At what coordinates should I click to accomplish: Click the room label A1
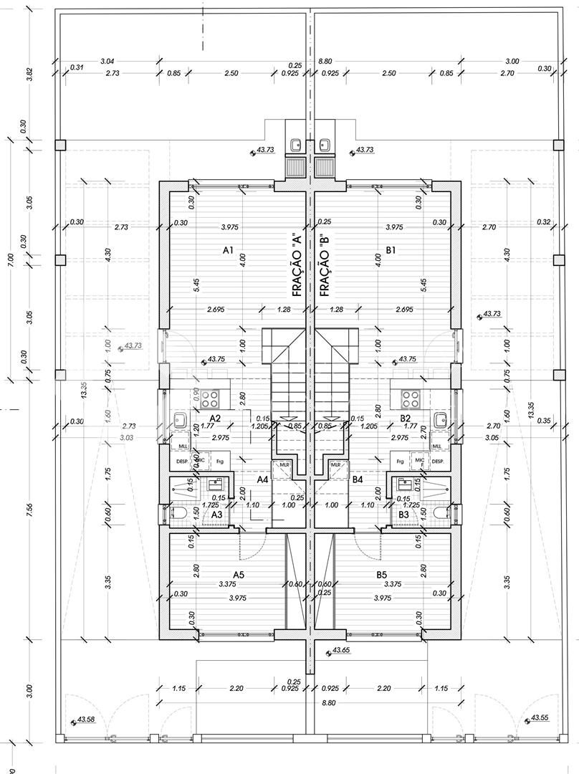click(x=229, y=250)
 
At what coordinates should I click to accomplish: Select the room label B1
click(x=391, y=250)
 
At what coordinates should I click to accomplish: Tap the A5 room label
click(x=239, y=574)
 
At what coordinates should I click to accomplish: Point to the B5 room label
click(x=381, y=574)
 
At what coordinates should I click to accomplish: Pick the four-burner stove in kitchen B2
click(x=410, y=397)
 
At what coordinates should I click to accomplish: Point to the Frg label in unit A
click(x=219, y=462)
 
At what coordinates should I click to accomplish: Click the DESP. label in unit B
click(x=438, y=462)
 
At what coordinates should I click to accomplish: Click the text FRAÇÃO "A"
click(x=297, y=264)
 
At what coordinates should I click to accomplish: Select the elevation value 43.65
click(x=342, y=651)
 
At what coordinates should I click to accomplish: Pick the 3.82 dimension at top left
click(x=29, y=75)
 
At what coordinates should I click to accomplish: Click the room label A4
click(x=262, y=479)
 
